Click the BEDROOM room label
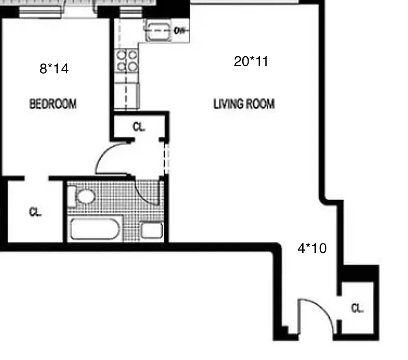[53, 104]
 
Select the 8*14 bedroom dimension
[54, 69]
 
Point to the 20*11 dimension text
[251, 61]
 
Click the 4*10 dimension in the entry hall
[312, 248]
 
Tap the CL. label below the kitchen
[139, 127]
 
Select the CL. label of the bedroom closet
[35, 212]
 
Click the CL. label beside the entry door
[357, 309]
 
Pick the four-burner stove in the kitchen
[127, 61]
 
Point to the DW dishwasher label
[179, 31]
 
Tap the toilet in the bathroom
[84, 197]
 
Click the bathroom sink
[152, 230]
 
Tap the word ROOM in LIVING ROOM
[259, 104]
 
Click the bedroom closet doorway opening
[36, 179]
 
